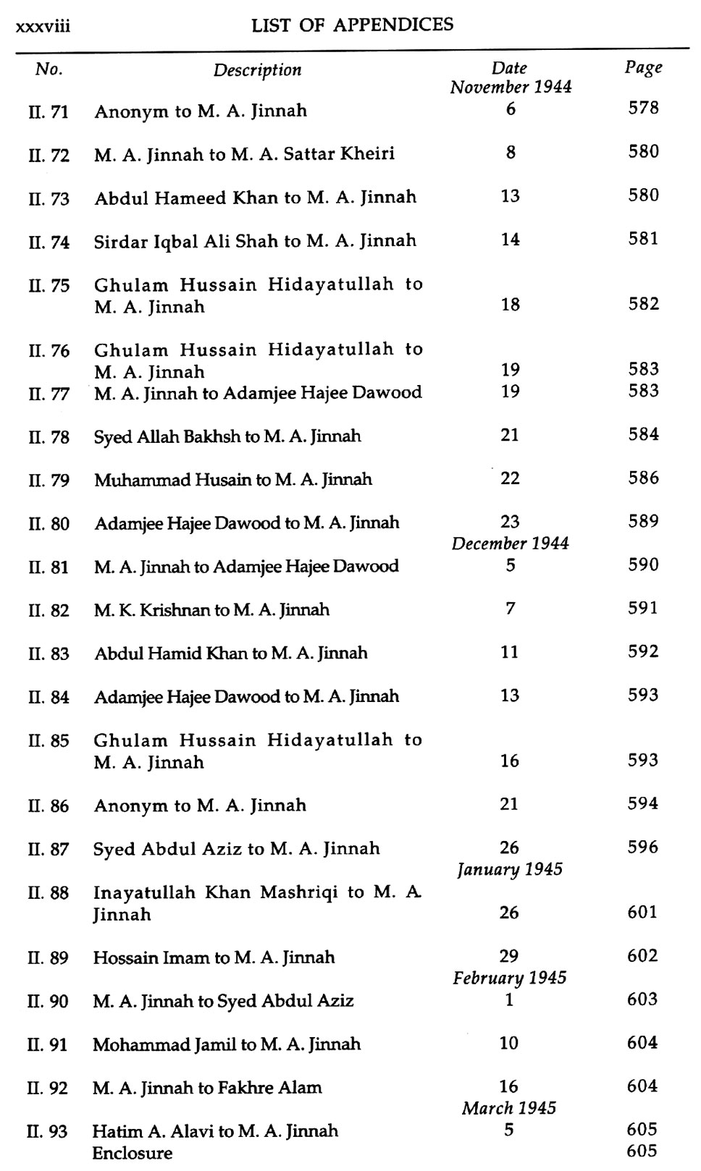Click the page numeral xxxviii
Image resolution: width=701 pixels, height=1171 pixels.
(x=42, y=27)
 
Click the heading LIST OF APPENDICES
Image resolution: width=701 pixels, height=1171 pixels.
(x=352, y=25)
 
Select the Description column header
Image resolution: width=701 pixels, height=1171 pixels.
(x=257, y=70)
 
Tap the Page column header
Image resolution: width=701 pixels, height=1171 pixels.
(x=643, y=68)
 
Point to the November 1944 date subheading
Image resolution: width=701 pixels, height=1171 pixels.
(x=511, y=88)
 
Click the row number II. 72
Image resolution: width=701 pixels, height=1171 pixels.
(x=49, y=155)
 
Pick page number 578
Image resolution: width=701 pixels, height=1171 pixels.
(x=643, y=109)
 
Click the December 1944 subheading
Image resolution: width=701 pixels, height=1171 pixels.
(x=511, y=544)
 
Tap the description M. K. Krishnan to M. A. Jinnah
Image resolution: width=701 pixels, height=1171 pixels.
(x=211, y=610)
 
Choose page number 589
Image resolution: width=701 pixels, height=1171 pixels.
(x=643, y=522)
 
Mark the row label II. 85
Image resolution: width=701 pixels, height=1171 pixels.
(x=49, y=741)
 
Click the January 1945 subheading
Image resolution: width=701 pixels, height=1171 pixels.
(x=510, y=869)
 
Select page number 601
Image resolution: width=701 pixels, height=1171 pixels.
(x=643, y=913)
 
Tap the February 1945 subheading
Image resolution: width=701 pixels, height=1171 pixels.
(x=510, y=978)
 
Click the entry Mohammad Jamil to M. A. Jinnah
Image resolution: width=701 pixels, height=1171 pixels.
(x=227, y=1044)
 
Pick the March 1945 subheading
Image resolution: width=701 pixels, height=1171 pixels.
(x=509, y=1108)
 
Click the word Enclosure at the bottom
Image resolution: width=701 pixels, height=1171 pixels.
(x=133, y=1153)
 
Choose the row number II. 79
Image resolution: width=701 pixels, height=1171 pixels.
(x=49, y=481)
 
